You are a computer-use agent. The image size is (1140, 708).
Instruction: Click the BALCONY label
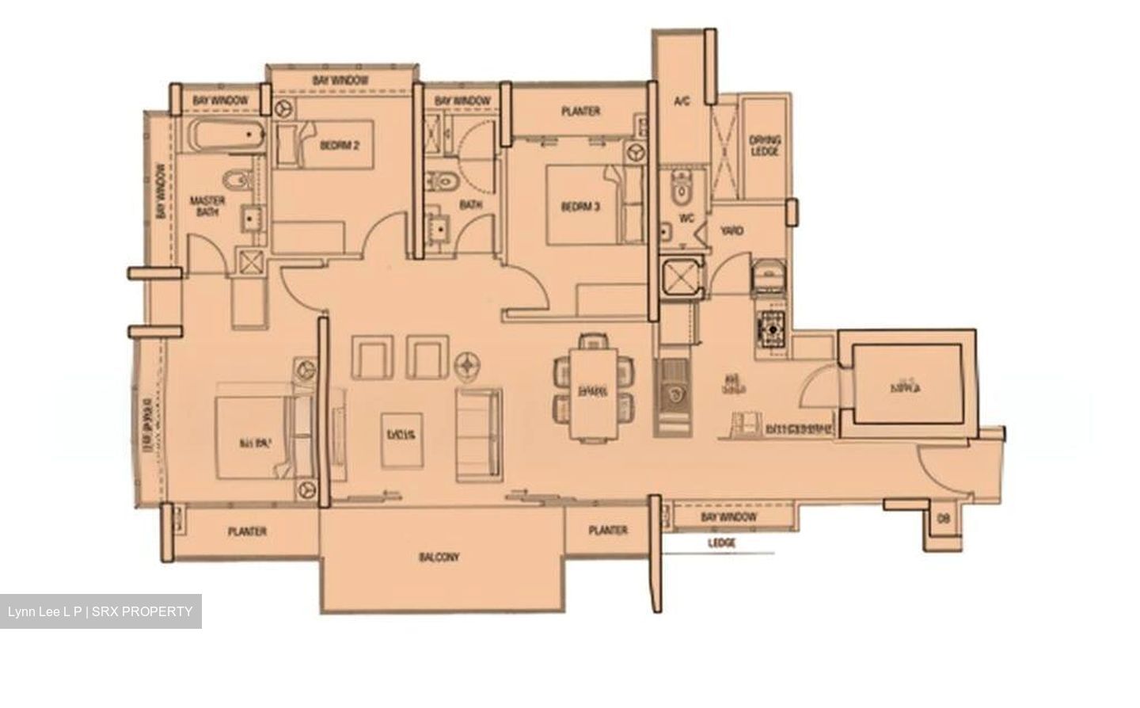tap(439, 558)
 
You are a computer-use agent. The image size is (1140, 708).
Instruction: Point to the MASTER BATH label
tap(207, 206)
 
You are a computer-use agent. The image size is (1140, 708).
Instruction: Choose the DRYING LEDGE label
tap(764, 146)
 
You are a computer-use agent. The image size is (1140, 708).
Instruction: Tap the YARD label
tap(731, 230)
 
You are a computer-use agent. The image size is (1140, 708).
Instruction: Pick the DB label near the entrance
tap(943, 519)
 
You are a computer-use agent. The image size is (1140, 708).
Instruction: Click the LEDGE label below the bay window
tap(721, 543)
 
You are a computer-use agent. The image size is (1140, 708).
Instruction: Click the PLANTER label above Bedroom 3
tap(580, 112)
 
